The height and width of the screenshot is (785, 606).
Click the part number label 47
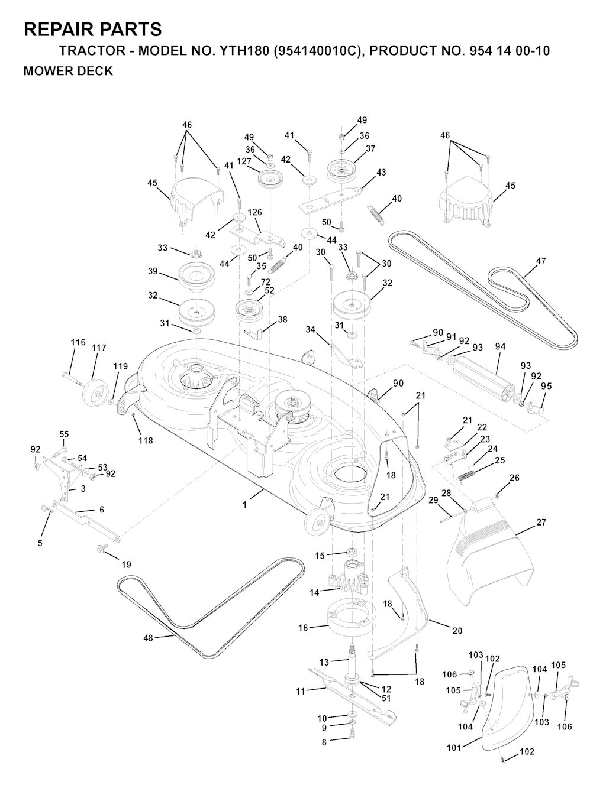point(541,261)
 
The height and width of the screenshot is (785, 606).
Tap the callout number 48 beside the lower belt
point(149,638)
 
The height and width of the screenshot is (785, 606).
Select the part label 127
point(244,161)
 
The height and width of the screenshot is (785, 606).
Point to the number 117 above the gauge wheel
point(99,348)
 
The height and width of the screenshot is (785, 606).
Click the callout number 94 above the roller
point(501,346)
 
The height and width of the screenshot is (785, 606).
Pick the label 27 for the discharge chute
point(541,522)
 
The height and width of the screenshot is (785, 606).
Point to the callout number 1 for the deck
point(245,505)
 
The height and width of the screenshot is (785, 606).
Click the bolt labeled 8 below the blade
point(353,740)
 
